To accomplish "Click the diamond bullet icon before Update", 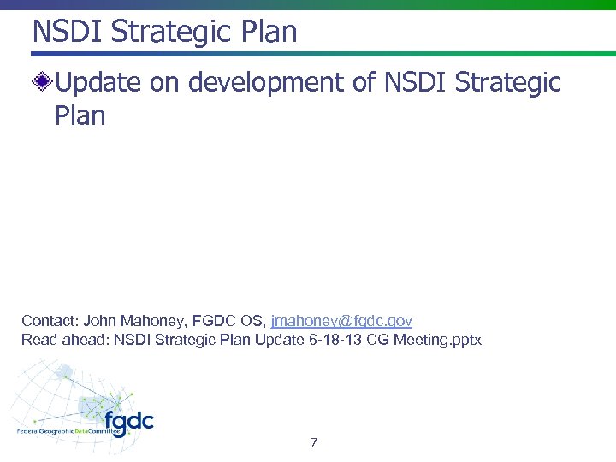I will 43,83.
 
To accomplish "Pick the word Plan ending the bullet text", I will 80,115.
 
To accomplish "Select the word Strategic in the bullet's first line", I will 508,83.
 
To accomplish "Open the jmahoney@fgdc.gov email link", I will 341,321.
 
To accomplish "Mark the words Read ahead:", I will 62,340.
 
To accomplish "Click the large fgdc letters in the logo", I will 128,420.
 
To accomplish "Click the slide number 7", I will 314,442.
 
